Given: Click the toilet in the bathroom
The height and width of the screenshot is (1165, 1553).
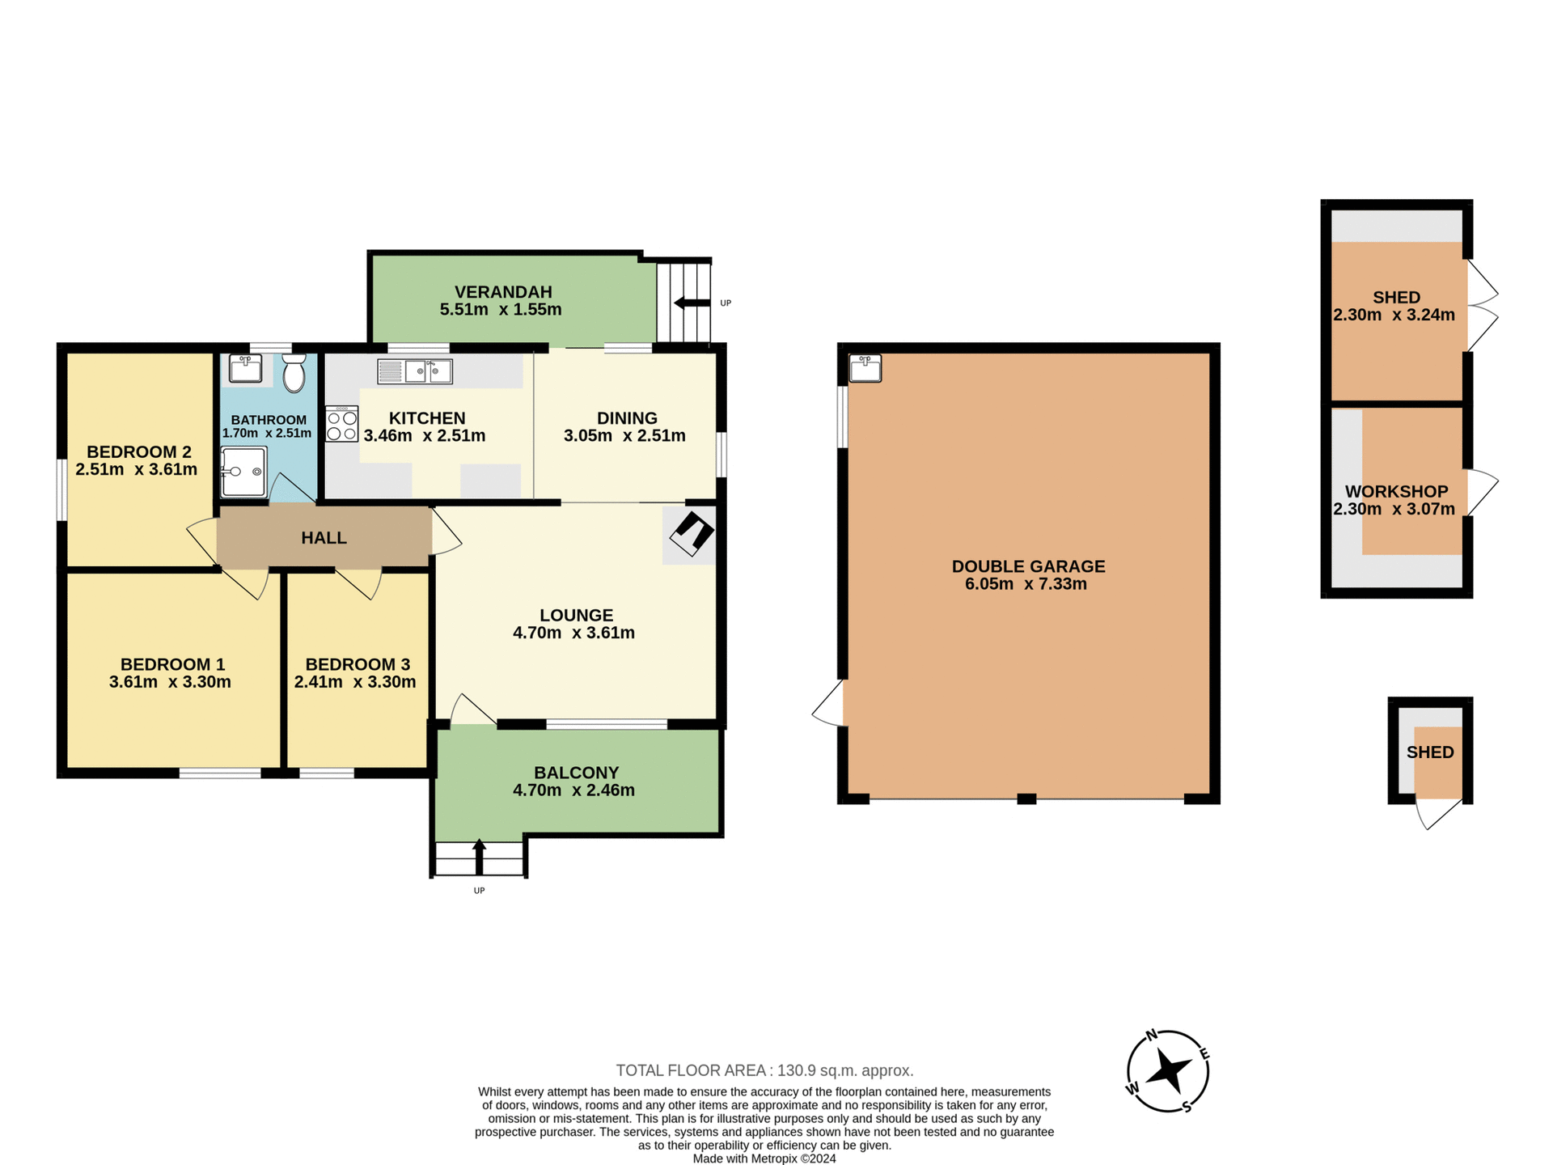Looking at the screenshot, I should coord(294,373).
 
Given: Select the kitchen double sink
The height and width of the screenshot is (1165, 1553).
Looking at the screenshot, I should coord(415,371).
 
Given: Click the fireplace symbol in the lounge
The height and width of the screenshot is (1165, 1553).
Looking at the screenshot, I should coord(692,534).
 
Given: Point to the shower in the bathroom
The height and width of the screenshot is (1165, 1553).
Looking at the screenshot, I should coord(243,472).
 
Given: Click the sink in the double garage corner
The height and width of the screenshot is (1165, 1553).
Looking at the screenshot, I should coord(865,368).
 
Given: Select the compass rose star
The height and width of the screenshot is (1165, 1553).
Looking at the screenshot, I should coord(1168,1070).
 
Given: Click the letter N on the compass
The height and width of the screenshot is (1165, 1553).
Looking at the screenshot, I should coord(1152,1035).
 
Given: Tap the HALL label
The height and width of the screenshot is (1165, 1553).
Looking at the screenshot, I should coord(324,538).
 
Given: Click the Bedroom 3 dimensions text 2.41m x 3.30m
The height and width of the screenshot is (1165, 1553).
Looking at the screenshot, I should coord(355,682).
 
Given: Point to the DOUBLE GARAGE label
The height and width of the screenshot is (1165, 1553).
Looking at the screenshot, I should coord(1028,566).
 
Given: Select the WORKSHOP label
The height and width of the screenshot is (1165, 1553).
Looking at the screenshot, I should coord(1396,491).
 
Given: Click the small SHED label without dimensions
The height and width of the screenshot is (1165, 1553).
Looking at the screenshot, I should coord(1430,752).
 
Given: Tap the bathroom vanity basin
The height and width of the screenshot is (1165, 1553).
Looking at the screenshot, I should coord(245,368).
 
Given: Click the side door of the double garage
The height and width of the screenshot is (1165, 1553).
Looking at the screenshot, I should coord(829,703).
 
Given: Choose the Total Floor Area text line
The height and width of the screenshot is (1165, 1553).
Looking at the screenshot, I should coord(764,1070).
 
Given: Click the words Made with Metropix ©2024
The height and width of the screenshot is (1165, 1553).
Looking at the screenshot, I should coord(764,1159).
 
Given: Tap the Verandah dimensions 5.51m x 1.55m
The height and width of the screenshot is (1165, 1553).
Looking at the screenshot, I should coord(501,309).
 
